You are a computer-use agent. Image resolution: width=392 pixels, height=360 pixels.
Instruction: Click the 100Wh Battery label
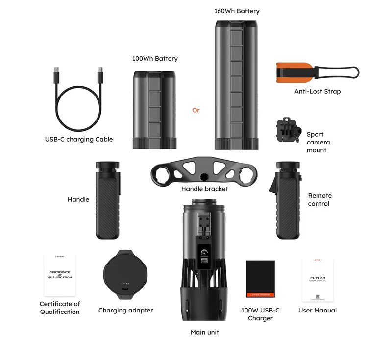155,59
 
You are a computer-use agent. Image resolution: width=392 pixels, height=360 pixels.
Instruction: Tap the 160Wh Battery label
237,11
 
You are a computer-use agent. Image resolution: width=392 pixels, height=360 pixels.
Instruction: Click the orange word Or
196,110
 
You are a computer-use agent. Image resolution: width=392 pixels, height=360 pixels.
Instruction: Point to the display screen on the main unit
205,255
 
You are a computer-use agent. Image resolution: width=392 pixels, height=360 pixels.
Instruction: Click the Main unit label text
205,332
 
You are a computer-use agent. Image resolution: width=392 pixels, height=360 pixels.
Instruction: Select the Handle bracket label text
204,189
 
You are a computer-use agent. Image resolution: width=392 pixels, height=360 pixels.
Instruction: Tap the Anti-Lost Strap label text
318,91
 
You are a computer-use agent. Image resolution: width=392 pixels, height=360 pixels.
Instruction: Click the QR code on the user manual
318,296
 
